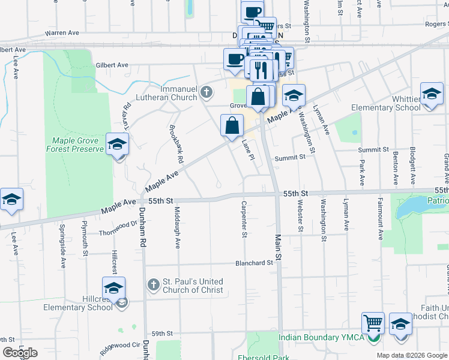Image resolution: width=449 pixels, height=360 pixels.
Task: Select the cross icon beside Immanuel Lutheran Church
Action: pyautogui.click(x=206, y=92)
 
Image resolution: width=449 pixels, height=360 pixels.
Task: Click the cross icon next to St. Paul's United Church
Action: pyautogui.click(x=153, y=285)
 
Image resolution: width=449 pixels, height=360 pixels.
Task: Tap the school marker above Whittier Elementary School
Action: pyautogui.click(x=431, y=95)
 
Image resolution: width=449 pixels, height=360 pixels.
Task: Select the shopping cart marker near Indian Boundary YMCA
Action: pyautogui.click(x=373, y=323)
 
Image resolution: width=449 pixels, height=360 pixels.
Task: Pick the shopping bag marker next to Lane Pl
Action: pyautogui.click(x=232, y=126)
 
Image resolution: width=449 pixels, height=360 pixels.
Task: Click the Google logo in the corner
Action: pyautogui.click(x=20, y=353)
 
